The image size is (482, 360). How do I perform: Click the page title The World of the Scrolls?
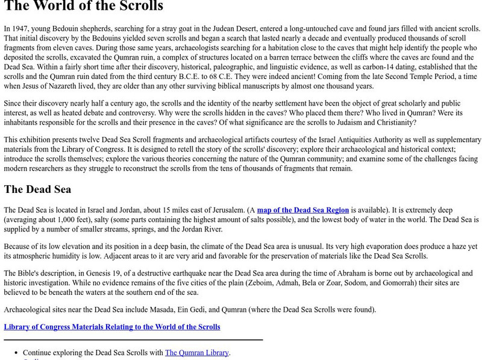(x=83, y=7)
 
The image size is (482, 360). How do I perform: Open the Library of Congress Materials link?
(x=112, y=327)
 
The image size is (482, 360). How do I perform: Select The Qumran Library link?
(x=197, y=353)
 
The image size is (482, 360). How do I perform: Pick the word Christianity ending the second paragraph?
(x=395, y=122)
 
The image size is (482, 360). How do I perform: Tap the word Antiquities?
(x=321, y=140)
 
